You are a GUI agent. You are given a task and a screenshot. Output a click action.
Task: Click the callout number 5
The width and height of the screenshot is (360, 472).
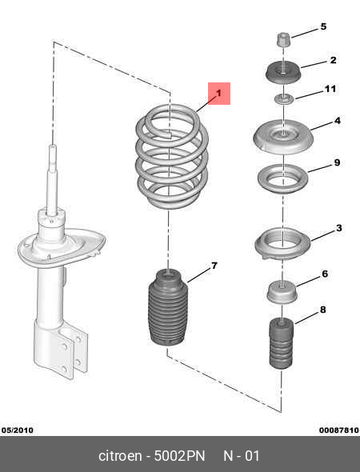323,26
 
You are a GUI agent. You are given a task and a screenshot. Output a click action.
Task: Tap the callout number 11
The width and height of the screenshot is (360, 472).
330,89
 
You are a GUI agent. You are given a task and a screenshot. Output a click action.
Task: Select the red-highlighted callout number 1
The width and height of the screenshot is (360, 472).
219,93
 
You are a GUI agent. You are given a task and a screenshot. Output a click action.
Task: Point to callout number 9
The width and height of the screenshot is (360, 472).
337,162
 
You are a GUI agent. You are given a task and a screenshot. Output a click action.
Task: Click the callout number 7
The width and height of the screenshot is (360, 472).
214,266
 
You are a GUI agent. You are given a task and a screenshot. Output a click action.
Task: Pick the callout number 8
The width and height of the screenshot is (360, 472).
322,310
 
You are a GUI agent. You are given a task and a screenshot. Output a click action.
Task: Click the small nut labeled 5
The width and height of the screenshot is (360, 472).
283,39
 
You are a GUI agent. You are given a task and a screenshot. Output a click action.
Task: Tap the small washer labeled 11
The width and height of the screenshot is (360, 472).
283,98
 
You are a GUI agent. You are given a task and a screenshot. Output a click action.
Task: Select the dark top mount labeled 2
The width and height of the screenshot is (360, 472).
283,73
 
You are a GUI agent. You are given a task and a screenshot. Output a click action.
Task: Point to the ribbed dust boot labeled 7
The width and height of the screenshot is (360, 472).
168,307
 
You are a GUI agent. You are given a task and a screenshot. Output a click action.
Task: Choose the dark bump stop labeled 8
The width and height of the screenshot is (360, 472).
281,343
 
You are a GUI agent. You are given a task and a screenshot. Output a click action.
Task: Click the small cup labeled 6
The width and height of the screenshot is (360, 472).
282,292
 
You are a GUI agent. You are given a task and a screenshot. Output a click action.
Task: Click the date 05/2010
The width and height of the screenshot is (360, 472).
18,430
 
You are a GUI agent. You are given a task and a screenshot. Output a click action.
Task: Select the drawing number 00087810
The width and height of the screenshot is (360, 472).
339,430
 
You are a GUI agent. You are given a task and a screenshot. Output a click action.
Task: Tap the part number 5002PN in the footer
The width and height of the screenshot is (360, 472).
179,456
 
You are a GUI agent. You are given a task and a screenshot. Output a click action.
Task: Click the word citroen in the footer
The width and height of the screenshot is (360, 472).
120,456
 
